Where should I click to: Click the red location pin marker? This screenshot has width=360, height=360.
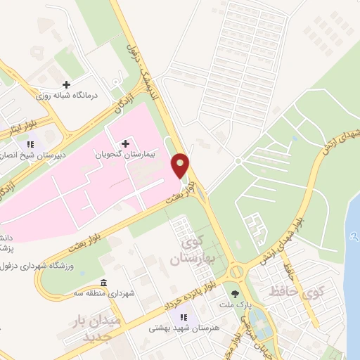181,166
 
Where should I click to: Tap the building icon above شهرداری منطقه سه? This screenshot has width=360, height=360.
104,281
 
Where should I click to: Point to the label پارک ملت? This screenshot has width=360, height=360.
236,304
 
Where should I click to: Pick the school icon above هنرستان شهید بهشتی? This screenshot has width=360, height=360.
184,317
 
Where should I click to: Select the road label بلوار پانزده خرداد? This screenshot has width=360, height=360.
172,300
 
